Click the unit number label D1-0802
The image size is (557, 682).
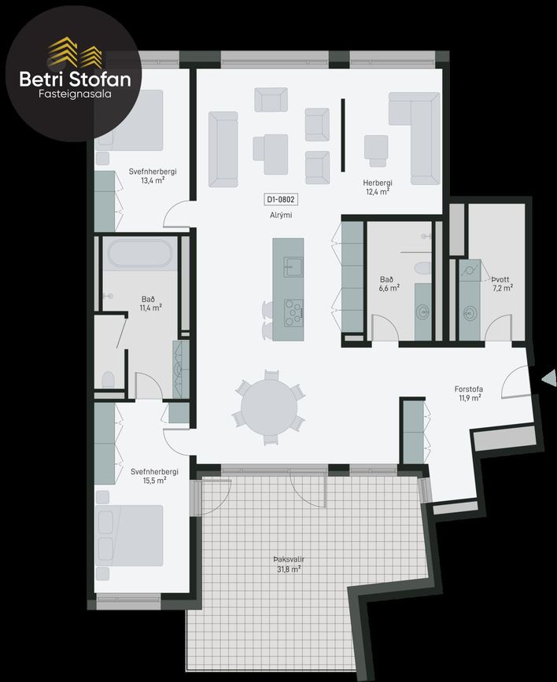[281, 200]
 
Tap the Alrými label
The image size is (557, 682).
[281, 215]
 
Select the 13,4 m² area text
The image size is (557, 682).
[153, 180]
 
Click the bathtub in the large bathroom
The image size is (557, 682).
[140, 253]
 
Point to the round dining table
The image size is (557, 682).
[269, 407]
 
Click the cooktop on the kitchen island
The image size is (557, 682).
[293, 313]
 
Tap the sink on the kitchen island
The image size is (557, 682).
[293, 267]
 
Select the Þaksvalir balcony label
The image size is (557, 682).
[289, 559]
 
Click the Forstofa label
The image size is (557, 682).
[469, 389]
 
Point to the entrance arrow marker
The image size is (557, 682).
[549, 378]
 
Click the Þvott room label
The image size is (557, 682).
[500, 279]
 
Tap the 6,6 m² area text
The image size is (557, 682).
[389, 288]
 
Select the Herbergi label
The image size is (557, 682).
[378, 183]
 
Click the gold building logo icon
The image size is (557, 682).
[75, 53]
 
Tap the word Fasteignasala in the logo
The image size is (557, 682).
[75, 94]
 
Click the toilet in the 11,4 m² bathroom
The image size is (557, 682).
[108, 380]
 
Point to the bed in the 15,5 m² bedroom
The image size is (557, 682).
[129, 536]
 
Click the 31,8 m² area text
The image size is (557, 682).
[289, 569]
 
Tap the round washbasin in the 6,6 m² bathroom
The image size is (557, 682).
[422, 312]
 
